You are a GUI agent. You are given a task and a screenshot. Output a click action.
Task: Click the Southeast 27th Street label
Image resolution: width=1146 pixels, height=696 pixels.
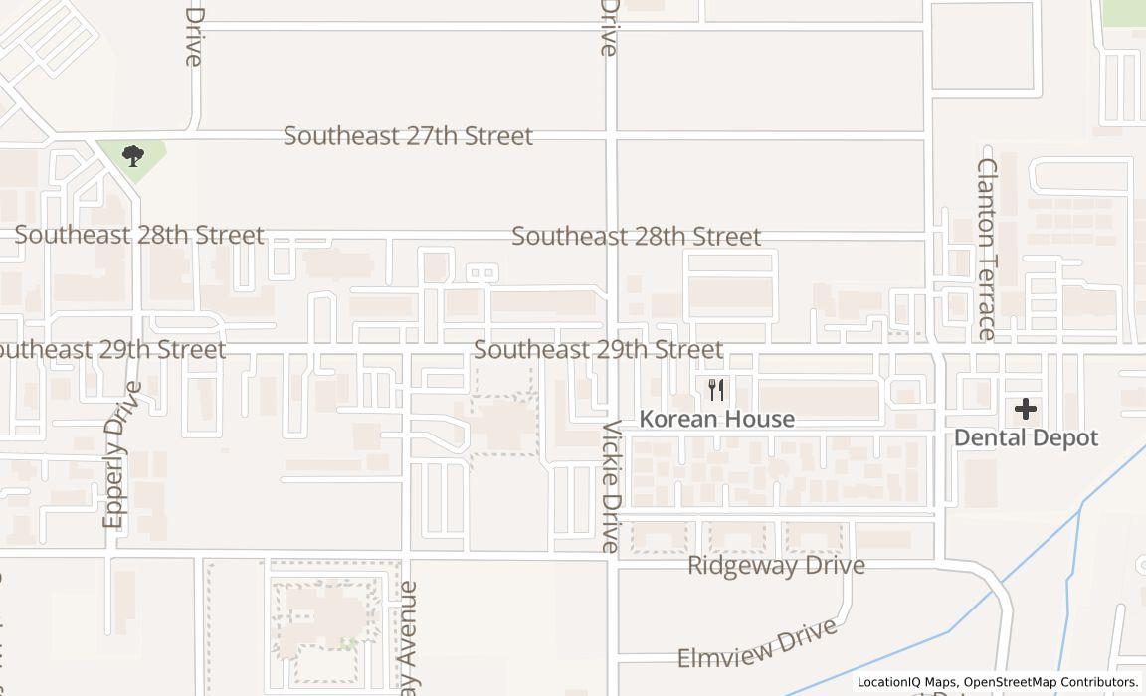(408, 136)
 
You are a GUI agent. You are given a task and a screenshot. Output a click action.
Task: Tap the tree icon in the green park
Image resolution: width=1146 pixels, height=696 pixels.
(132, 155)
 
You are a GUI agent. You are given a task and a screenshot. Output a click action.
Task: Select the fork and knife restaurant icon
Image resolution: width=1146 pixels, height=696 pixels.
(716, 389)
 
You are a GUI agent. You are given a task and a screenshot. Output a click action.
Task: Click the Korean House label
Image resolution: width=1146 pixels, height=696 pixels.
(716, 419)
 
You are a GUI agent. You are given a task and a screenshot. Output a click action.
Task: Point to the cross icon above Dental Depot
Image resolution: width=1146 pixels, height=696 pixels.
(1025, 409)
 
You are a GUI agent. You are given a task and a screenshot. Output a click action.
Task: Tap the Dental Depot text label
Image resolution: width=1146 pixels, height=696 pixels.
(1026, 438)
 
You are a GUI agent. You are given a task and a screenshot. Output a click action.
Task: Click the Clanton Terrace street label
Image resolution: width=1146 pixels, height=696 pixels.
(987, 249)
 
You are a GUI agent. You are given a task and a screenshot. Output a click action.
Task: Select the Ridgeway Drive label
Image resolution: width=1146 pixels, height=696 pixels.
(776, 566)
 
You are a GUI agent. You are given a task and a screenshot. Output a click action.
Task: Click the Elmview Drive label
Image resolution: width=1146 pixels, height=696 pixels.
(756, 645)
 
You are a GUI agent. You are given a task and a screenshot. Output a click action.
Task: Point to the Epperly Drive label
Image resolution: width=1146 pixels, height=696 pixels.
(116, 453)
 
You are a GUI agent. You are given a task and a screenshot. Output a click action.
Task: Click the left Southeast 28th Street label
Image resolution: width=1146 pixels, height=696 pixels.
(139, 236)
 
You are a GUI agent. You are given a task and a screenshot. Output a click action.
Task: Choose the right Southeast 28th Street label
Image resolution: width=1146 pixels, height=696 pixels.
(636, 237)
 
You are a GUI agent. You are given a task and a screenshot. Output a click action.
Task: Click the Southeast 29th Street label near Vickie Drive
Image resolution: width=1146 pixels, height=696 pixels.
(598, 350)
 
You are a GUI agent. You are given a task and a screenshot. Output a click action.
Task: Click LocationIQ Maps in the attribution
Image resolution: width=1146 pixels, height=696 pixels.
(906, 682)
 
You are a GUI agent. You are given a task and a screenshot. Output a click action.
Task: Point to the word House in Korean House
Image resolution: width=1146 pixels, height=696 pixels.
(761, 419)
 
